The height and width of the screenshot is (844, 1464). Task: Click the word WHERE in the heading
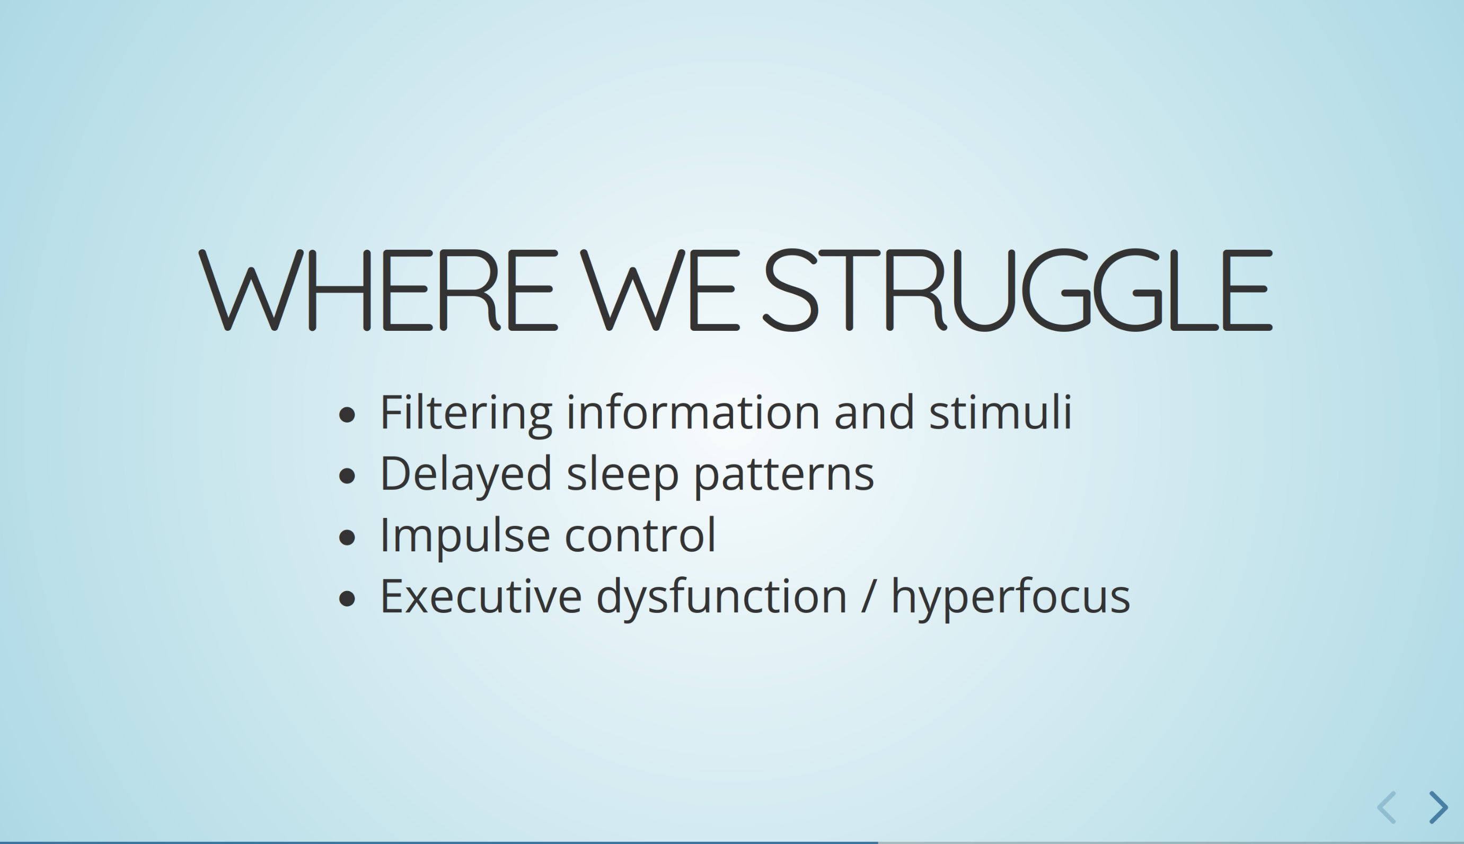[x=378, y=291]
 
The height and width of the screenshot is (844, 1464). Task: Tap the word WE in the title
[x=660, y=291]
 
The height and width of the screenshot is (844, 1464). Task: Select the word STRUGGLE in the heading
[x=1017, y=291]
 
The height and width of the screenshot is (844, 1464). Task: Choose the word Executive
[x=481, y=596]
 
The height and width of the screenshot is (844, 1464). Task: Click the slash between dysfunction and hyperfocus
[x=868, y=596]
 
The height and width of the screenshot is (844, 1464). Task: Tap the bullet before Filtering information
[x=347, y=415]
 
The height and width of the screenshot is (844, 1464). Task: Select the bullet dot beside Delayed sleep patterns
[x=347, y=477]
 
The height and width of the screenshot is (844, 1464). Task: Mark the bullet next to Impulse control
[x=347, y=538]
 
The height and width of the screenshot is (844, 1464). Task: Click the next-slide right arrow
[x=1439, y=807]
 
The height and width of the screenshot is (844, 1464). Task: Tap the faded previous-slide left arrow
[x=1386, y=807]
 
